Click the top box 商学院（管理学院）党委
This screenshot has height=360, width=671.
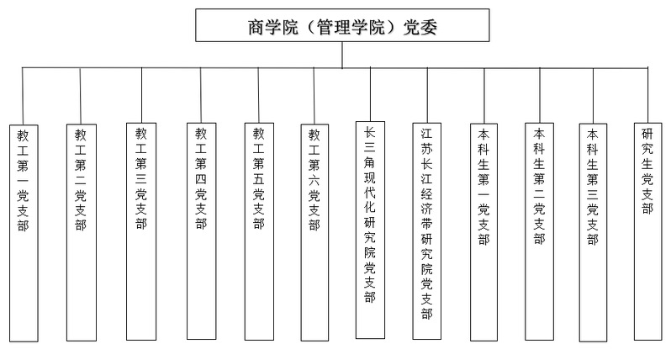pos(342,25)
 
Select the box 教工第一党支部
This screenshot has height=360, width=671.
pos(24,233)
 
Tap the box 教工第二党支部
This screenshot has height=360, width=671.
pos(82,233)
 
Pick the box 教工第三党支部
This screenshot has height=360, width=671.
pos(141,231)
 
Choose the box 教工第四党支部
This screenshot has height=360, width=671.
pos(201,231)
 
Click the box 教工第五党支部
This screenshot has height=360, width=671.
pos(259,231)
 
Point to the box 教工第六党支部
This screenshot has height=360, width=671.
pos(314,232)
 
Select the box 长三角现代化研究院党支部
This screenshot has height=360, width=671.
pos(370,230)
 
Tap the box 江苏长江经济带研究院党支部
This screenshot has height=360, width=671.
pos(426,231)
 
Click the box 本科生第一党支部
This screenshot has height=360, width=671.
pos(483,232)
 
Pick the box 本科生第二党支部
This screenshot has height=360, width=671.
pos(539,231)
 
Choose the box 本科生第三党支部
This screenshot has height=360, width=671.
pos(593,233)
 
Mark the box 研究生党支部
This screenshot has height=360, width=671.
pos(648,231)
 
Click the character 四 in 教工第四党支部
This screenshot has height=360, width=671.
pos(201,179)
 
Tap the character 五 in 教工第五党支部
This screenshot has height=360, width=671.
pos(258,179)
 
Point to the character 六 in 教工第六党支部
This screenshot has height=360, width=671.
pos(314,180)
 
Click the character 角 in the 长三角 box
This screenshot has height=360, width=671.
pos(370,162)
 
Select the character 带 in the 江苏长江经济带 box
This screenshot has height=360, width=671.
pos(426,224)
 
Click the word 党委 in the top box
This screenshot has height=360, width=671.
pos(420,27)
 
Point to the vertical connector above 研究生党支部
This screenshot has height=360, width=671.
pos(648,95)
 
